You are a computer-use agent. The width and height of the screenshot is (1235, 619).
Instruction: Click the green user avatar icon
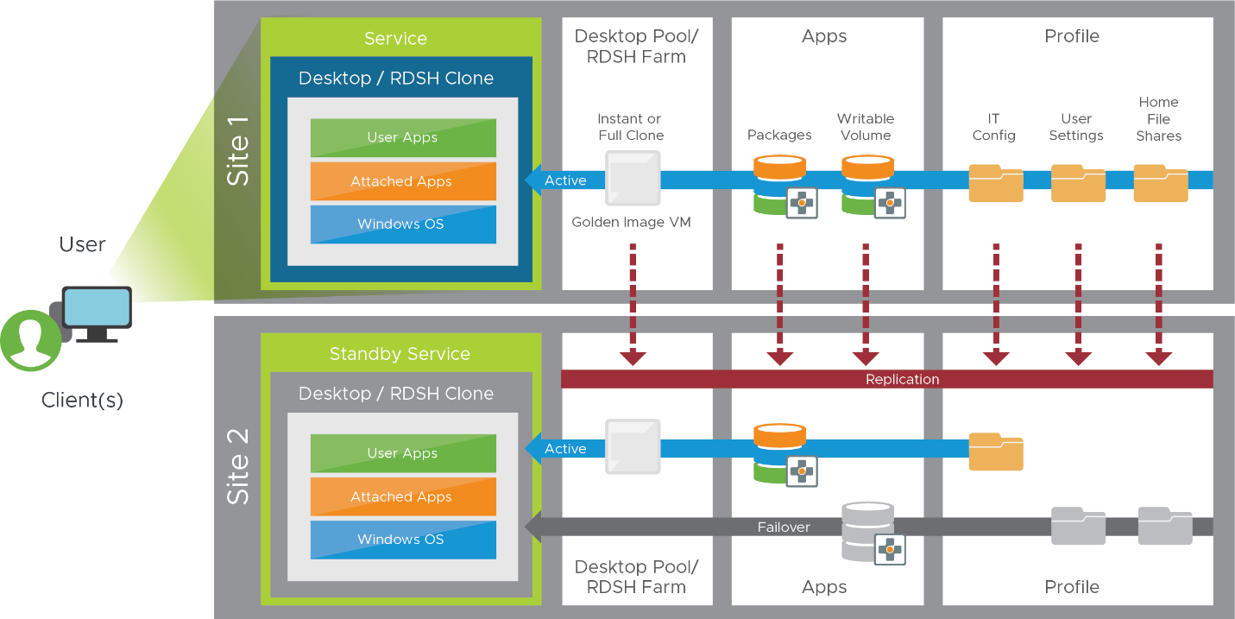(x=31, y=340)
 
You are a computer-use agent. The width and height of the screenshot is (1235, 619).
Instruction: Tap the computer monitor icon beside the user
(x=97, y=313)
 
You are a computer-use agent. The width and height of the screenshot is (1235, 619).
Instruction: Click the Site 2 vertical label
(x=238, y=466)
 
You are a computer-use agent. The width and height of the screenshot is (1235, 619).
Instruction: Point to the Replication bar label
(x=902, y=379)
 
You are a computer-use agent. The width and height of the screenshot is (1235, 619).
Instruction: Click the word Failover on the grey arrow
(x=784, y=527)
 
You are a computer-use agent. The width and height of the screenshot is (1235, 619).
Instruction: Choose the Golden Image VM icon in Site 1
(x=633, y=179)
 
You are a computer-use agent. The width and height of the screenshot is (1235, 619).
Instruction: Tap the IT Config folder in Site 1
(x=995, y=183)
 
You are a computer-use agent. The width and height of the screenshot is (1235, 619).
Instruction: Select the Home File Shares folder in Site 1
(x=1160, y=183)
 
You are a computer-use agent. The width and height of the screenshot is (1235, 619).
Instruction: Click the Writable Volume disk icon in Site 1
(x=867, y=184)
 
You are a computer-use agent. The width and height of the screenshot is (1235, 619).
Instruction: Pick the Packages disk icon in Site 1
(x=779, y=184)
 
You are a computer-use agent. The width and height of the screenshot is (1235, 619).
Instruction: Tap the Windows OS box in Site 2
(x=403, y=540)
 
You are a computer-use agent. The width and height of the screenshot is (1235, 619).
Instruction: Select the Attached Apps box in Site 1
(x=403, y=181)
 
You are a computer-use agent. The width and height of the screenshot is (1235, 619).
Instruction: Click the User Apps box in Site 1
(x=403, y=138)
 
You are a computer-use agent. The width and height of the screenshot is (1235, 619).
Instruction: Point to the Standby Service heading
(x=400, y=354)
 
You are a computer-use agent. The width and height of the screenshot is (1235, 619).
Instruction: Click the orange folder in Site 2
(x=995, y=452)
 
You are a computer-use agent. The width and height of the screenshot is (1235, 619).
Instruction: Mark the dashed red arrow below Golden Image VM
(x=633, y=302)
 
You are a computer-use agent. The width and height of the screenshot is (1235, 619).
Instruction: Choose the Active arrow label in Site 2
(x=565, y=449)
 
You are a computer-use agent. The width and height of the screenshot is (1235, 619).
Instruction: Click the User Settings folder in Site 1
(x=1077, y=183)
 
